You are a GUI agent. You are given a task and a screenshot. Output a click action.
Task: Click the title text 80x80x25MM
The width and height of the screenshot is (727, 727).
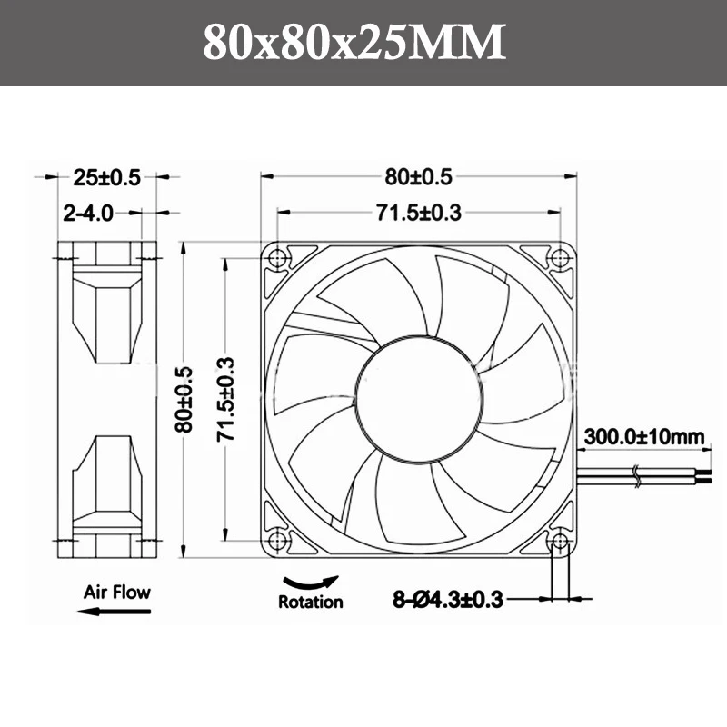pyautogui.click(x=354, y=42)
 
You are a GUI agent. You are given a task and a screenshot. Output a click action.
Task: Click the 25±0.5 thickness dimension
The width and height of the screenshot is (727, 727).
pyautogui.click(x=106, y=177)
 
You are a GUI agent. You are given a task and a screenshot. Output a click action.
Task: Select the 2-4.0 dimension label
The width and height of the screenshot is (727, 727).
pyautogui.click(x=88, y=214)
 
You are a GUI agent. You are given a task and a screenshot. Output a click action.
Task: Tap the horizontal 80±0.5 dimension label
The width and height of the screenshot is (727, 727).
pyautogui.click(x=418, y=176)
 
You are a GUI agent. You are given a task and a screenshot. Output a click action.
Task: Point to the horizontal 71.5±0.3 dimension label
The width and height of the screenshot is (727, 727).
pyautogui.click(x=418, y=213)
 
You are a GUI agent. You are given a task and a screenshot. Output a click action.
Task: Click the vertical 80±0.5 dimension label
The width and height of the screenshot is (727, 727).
pyautogui.click(x=184, y=399)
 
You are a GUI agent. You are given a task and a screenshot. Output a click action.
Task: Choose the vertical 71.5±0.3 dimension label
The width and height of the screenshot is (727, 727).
pyautogui.click(x=225, y=399)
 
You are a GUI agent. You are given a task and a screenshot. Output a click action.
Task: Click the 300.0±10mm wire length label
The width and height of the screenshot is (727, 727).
pyautogui.click(x=644, y=437)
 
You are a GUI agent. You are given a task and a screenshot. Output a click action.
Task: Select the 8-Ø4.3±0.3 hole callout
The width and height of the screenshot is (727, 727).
pyautogui.click(x=448, y=600)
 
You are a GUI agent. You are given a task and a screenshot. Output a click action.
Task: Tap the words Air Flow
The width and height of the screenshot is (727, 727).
pyautogui.click(x=117, y=593)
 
